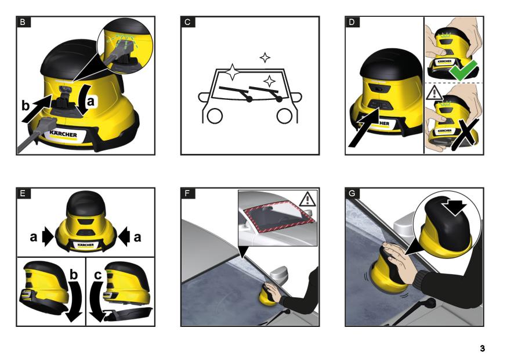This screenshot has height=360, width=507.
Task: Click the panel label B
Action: pyautogui.click(x=23, y=22)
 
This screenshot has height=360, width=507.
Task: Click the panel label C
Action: pyautogui.click(x=187, y=22)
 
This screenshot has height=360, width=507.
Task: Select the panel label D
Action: pyautogui.click(x=352, y=22)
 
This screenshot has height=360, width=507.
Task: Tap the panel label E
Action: pyautogui.click(x=23, y=193)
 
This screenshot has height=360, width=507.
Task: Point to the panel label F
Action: pyautogui.click(x=187, y=193)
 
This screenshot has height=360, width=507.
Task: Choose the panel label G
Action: pyautogui.click(x=352, y=193)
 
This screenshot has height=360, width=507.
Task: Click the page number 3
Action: pyautogui.click(x=482, y=348)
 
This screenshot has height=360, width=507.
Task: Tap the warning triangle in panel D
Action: pyautogui.click(x=434, y=92)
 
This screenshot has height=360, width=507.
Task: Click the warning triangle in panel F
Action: pyautogui.click(x=307, y=199)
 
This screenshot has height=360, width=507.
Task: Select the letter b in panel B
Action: pyautogui.click(x=26, y=106)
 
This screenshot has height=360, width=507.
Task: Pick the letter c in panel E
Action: pyautogui.click(x=97, y=275)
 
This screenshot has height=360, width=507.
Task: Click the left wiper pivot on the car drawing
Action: pyautogui.click(x=249, y=99)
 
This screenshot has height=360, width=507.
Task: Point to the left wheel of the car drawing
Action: pyautogui.click(x=215, y=116)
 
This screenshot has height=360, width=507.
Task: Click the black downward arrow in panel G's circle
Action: pyautogui.click(x=455, y=207)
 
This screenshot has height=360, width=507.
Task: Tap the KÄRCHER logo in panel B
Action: pyautogui.click(x=63, y=134)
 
